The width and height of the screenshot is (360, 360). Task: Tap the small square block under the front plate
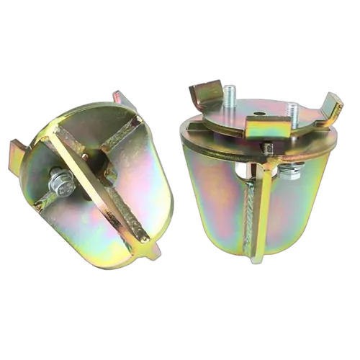[x=267, y=149]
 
